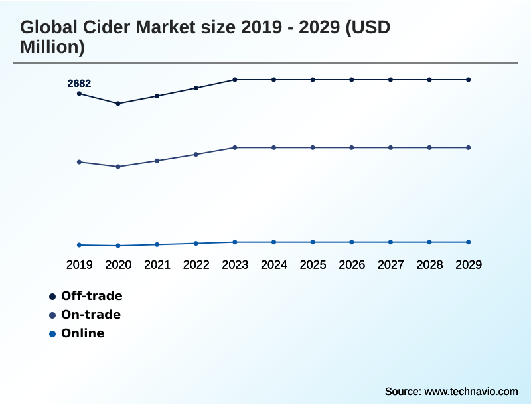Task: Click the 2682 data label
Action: (x=79, y=83)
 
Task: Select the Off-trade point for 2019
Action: (x=80, y=94)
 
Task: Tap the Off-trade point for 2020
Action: (x=118, y=104)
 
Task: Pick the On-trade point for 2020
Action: (x=118, y=167)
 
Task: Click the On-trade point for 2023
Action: (x=235, y=147)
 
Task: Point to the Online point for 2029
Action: (x=469, y=242)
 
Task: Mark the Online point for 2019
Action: (x=80, y=245)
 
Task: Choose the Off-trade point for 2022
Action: (x=196, y=88)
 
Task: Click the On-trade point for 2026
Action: (x=352, y=147)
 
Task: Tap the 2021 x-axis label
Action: (x=157, y=265)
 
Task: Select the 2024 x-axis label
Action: (x=274, y=265)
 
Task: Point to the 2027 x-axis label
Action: (x=391, y=265)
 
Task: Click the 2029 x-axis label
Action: (x=469, y=265)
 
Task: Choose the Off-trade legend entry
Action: (x=92, y=296)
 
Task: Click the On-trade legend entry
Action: (x=91, y=315)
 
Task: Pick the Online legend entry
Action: (x=82, y=333)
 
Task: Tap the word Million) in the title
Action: (x=52, y=47)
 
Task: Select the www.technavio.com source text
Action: (x=471, y=392)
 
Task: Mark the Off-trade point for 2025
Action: (x=313, y=80)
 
